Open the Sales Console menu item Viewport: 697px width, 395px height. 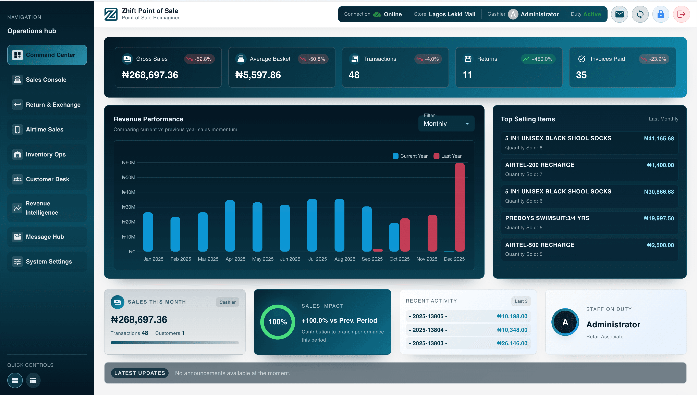pos(46,80)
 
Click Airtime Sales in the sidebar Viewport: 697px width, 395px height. pos(45,129)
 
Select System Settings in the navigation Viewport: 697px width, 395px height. pos(49,262)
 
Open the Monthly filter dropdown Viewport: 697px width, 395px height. pos(446,124)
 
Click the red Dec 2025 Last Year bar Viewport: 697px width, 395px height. pos(460,207)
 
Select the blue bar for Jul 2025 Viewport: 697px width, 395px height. pos(312,225)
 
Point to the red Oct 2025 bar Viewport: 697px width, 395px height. pos(405,235)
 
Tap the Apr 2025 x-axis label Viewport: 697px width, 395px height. pos(235,259)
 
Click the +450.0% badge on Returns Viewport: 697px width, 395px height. pos(538,59)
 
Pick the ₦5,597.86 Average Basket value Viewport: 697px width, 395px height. pos(258,75)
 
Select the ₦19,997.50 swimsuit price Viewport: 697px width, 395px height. pos(659,218)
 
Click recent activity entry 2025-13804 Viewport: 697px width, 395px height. pos(428,330)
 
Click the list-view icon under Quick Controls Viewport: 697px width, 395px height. pos(33,380)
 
